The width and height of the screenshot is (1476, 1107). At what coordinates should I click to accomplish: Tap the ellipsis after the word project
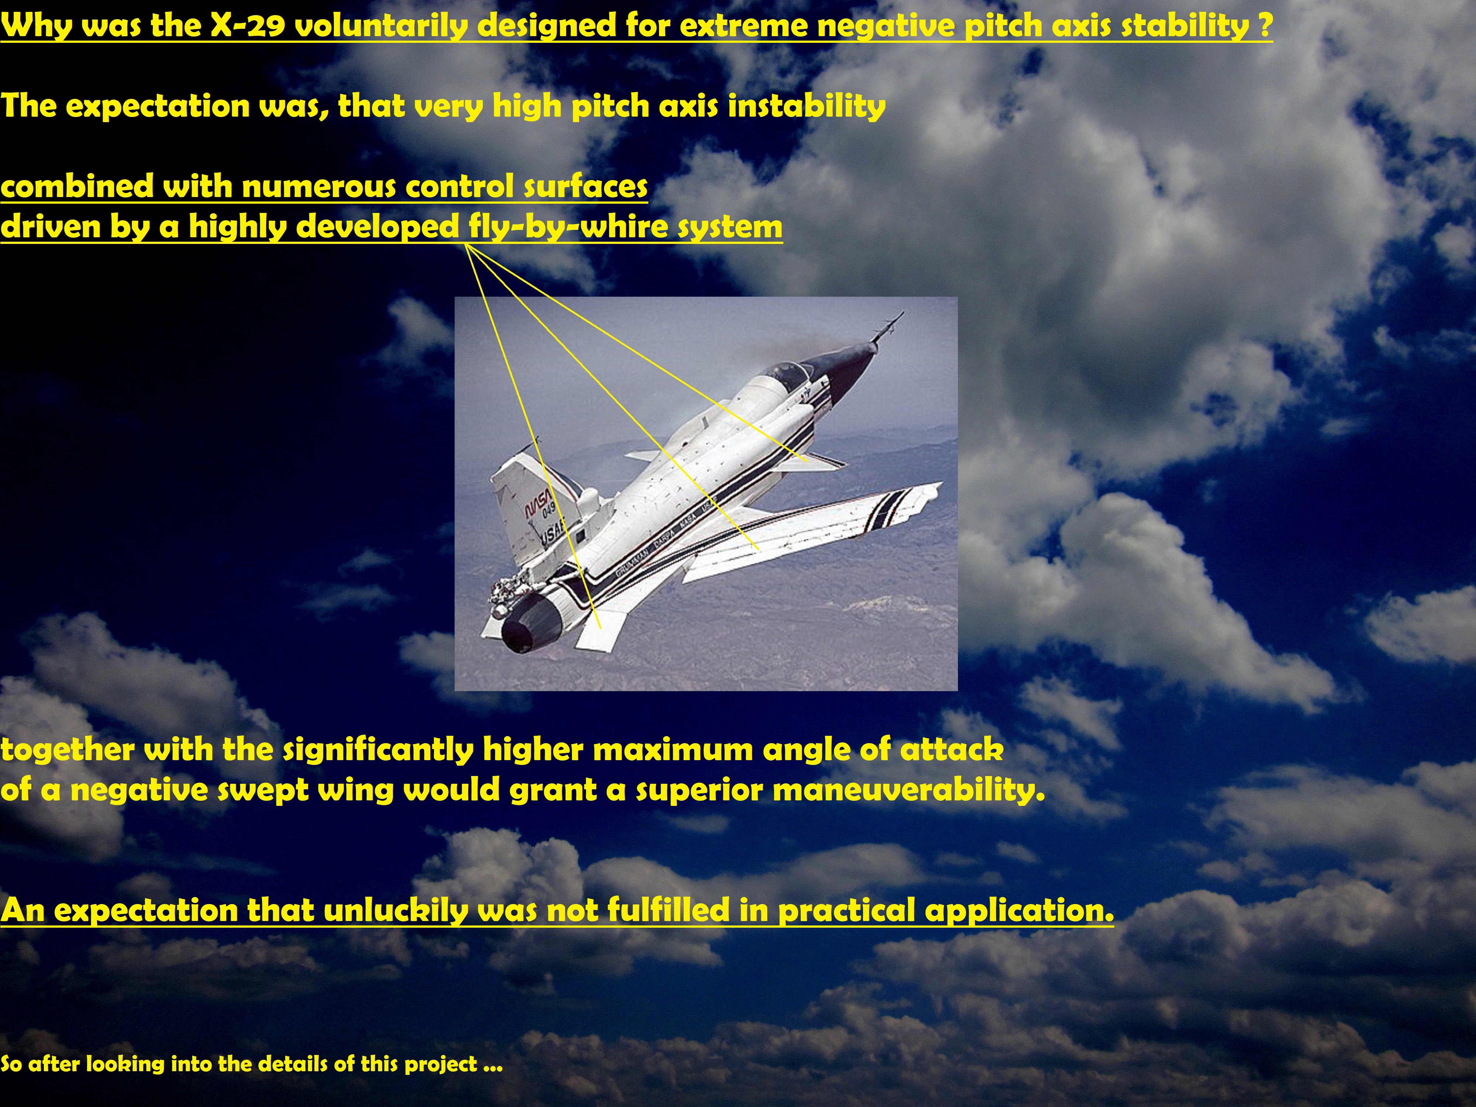tap(492, 1064)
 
